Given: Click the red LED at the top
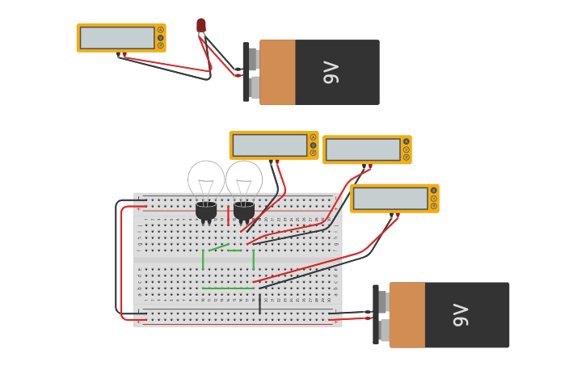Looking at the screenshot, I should (201, 25).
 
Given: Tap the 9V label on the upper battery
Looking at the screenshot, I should (331, 73).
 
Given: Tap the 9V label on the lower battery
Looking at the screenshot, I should (461, 315).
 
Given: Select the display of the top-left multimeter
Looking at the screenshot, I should (117, 38).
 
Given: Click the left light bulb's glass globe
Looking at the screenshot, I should (206, 178).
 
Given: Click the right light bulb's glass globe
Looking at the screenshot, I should (244, 178).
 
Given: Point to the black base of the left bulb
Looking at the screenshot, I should (206, 211).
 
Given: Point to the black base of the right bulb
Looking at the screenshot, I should (244, 211).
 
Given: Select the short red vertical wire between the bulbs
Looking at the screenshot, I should (229, 216).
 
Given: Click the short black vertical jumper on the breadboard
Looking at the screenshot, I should (259, 304).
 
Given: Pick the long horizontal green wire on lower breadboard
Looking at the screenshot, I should (228, 288).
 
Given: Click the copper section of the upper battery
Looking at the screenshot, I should (277, 73).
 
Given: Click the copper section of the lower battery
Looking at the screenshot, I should (407, 315).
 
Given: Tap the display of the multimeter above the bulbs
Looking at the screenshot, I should (270, 145).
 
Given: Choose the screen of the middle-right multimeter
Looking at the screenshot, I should (363, 149).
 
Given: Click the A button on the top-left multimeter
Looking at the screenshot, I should (160, 30).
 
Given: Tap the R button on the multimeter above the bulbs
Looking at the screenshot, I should (313, 153).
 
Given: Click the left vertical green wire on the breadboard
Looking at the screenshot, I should (203, 259).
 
